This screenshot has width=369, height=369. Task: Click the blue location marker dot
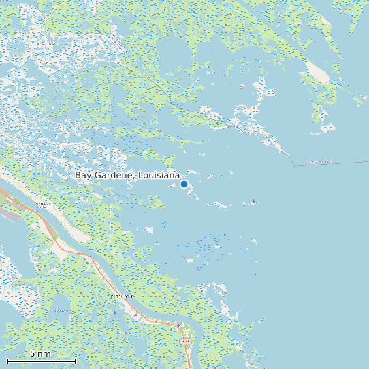(184, 184)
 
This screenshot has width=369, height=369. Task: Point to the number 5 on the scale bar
(33, 354)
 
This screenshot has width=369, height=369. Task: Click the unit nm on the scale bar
(44, 354)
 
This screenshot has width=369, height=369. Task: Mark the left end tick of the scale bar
(7, 359)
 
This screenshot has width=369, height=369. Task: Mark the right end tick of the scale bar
(76, 359)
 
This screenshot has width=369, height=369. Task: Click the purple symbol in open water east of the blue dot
(254, 202)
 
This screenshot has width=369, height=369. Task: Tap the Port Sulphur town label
(120, 298)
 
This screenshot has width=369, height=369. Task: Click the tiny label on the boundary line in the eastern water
(318, 163)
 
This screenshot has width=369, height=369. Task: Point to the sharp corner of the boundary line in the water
(293, 165)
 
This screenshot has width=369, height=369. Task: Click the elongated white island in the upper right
(317, 71)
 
